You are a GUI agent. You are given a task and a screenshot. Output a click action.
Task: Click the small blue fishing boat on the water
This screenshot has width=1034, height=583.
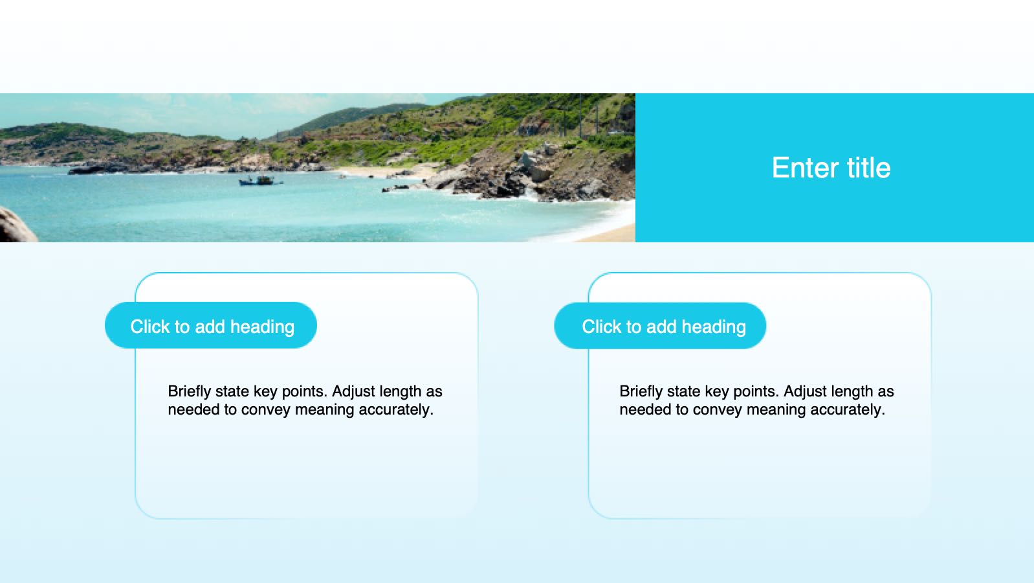[260, 181]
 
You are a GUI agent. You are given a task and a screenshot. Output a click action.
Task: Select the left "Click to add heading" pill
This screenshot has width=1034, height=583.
[211, 325]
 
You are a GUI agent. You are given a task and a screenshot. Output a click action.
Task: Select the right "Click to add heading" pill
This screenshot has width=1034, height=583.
[660, 326]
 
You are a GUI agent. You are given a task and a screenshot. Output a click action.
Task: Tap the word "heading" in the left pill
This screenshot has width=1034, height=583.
[262, 327]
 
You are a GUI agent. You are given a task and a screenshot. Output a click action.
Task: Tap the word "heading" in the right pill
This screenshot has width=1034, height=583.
[714, 327]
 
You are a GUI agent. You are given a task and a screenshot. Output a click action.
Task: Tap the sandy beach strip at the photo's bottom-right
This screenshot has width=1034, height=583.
[610, 234]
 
